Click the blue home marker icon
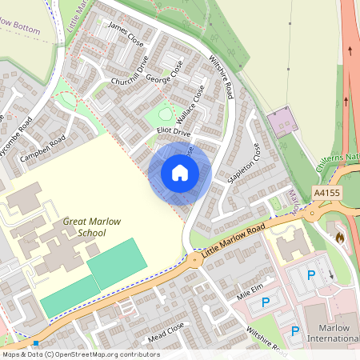pyautogui.click(x=180, y=172)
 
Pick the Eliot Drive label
pyautogui.click(x=174, y=131)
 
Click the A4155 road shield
pyautogui.click(x=327, y=194)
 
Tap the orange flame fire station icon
pyautogui.click(x=339, y=238)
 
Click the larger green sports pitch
pyautogui.click(x=117, y=263)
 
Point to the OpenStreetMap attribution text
pyautogui.click(x=81, y=354)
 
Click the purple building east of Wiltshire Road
pyautogui.click(x=282, y=123)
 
